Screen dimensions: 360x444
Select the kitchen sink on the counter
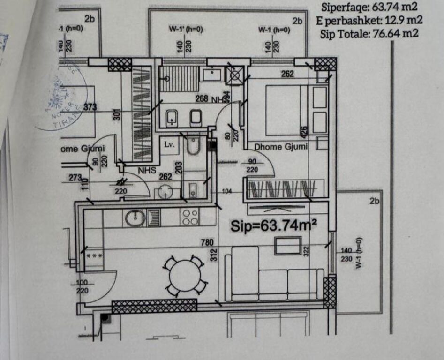point(135,217)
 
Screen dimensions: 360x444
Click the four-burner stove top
point(190,217)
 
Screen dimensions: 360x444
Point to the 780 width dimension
point(207,242)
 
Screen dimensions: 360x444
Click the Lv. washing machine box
point(169,144)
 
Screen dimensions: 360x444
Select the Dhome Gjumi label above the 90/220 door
point(281,147)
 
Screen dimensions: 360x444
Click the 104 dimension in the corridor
point(227,191)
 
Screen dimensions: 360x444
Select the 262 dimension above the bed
point(287,74)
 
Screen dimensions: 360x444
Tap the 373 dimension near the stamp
point(90,107)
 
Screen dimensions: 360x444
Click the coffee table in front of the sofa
point(288,245)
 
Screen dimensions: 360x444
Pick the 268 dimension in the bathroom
point(202,98)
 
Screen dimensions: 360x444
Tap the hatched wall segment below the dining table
point(154,306)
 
